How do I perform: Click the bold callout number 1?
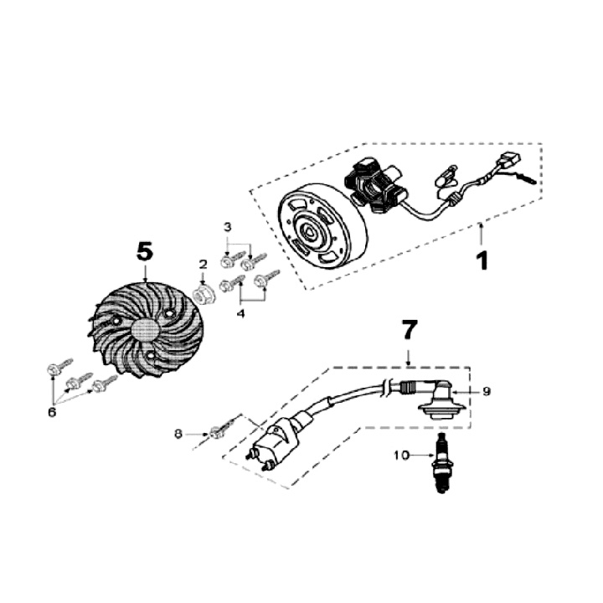coord(482,260)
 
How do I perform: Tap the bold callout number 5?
coord(145,250)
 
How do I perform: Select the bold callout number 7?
coord(408,330)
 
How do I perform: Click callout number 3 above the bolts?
coord(228,227)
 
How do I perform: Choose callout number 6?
coord(53,412)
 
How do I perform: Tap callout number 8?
coord(178,433)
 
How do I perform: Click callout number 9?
coord(486,391)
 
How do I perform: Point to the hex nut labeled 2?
coord(201,295)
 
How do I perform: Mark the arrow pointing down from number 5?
coord(145,273)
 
